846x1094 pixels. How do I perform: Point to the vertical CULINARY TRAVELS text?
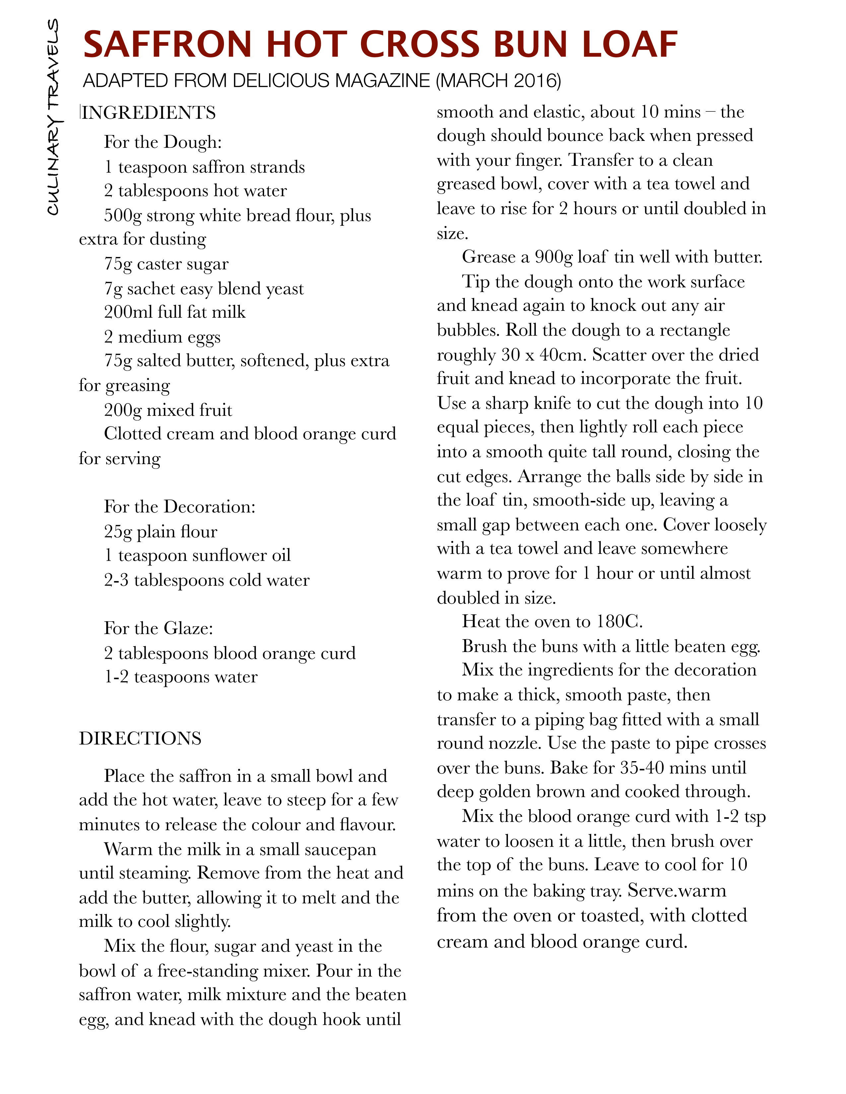[53, 117]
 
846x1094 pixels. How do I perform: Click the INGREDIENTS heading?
[148, 113]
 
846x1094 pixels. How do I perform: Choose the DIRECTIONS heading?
[140, 738]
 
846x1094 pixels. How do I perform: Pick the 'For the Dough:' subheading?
[163, 142]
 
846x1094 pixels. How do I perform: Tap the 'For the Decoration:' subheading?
[179, 507]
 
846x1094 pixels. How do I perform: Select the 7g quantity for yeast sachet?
[113, 289]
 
